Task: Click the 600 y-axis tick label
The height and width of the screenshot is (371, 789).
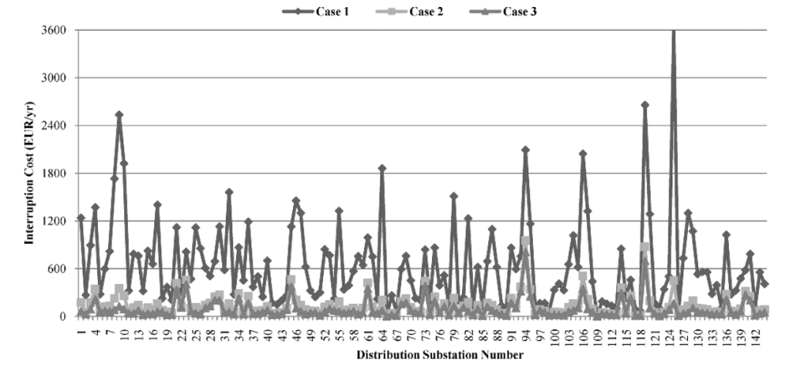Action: pyautogui.click(x=60, y=269)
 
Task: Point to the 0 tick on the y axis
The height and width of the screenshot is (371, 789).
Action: pyautogui.click(x=66, y=316)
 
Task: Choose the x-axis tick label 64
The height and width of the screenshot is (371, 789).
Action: pyautogui.click(x=382, y=332)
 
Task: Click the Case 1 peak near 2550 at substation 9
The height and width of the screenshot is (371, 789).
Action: pyautogui.click(x=120, y=115)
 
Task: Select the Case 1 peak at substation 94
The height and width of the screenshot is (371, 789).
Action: pyautogui.click(x=525, y=150)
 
